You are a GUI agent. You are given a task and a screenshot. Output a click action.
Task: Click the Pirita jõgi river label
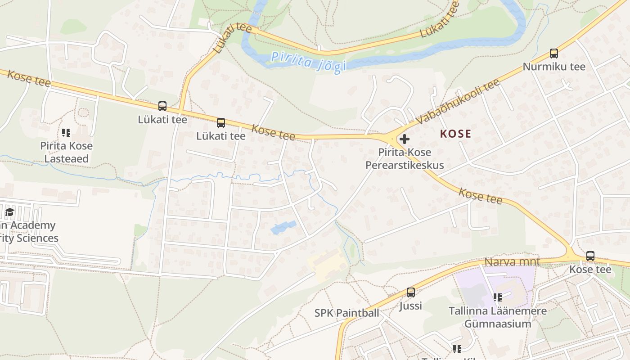click(309, 62)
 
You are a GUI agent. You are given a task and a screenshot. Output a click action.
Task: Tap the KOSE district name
click(455, 134)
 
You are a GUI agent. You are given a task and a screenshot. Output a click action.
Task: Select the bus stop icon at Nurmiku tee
click(553, 54)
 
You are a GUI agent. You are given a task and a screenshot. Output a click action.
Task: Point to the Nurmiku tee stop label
click(553, 67)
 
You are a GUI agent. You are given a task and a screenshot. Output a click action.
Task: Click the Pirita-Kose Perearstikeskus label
click(404, 159)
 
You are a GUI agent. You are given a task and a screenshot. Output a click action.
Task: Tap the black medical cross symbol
click(404, 139)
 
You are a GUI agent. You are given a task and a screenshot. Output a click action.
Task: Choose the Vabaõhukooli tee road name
click(458, 102)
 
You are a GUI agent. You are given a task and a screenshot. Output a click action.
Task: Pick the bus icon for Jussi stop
click(410, 292)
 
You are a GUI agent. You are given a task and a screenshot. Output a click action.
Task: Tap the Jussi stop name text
click(410, 306)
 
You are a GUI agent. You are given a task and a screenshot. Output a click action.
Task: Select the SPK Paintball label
click(346, 313)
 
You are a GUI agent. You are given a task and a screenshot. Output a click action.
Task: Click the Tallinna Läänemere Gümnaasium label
click(498, 317)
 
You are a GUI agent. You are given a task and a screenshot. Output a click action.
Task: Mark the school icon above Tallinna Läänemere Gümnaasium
click(497, 297)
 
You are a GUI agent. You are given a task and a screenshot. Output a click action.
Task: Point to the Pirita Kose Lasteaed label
click(66, 152)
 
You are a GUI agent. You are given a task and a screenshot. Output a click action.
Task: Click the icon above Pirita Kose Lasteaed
click(66, 133)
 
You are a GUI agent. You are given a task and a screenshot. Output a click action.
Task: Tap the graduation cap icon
click(9, 212)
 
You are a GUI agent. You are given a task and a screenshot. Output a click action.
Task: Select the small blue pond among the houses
click(283, 227)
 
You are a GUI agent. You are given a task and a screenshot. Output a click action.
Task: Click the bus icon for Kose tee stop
click(590, 256)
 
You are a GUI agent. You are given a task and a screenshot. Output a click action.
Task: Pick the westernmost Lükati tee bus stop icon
click(162, 106)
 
